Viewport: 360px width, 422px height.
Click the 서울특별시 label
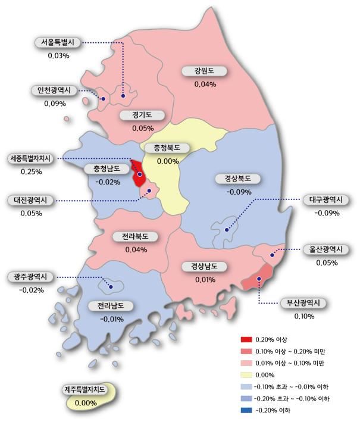(x=58, y=43)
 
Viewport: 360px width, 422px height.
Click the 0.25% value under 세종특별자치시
(x=31, y=171)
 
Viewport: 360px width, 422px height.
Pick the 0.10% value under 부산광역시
(x=303, y=316)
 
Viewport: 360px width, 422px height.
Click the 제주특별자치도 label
(x=85, y=390)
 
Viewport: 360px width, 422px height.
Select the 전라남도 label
(x=111, y=306)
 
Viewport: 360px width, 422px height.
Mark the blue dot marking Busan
(x=259, y=279)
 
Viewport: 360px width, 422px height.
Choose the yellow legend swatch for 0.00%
(x=246, y=375)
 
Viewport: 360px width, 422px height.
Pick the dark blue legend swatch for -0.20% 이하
(x=246, y=411)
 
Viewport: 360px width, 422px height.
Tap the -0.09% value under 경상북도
(x=238, y=192)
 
